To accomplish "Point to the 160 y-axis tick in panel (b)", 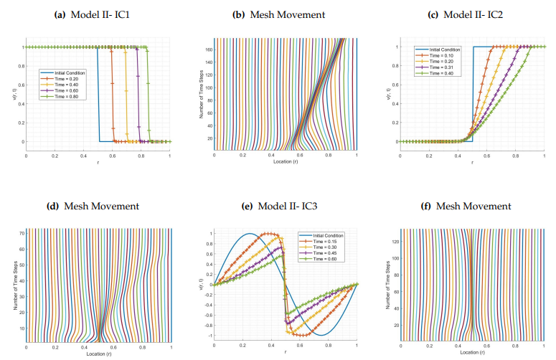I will coord(208,50).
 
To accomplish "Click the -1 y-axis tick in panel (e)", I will coord(207,336).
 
